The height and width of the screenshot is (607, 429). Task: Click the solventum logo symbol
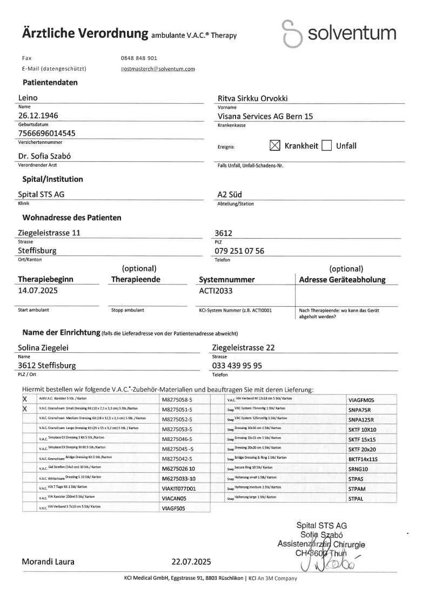tap(292, 34)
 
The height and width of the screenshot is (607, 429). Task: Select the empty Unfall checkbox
tap(326, 146)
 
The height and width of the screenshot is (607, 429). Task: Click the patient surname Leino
tap(28, 98)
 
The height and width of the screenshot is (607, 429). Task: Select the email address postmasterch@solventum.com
tap(158, 69)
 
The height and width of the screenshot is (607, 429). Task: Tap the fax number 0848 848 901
tap(139, 58)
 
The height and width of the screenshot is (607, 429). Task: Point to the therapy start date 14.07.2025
tap(38, 290)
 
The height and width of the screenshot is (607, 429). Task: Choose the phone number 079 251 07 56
tap(239, 251)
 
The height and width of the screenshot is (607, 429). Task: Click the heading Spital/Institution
tap(53, 179)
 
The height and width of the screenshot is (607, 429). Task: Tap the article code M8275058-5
tap(177, 399)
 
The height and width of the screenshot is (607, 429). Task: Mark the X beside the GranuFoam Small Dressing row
tap(25, 409)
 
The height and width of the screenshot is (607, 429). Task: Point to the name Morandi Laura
tap(49, 562)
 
